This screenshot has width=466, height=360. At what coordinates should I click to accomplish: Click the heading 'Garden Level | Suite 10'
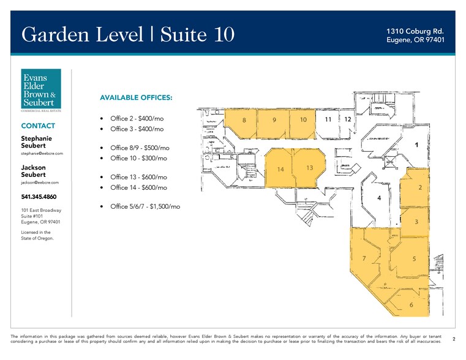127,35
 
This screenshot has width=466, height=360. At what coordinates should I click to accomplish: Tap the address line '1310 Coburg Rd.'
415,31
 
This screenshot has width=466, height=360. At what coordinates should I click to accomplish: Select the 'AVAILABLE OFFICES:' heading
136,98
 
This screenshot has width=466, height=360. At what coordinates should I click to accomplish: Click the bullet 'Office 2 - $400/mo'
137,118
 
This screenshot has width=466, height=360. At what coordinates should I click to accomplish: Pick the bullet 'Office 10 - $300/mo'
138,158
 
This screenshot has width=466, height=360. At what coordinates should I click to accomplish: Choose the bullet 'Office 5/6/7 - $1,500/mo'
145,207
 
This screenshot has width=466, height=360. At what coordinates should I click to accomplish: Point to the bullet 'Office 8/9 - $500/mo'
140,148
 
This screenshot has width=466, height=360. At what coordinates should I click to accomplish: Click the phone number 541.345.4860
42,197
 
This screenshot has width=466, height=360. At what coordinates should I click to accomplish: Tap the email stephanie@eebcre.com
42,153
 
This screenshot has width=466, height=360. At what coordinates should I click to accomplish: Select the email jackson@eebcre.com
40,182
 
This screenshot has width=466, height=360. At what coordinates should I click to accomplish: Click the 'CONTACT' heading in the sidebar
38,126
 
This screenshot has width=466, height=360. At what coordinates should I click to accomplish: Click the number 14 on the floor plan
281,169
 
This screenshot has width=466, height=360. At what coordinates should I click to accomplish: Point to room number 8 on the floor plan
244,120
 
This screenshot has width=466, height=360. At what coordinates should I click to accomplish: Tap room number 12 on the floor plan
347,119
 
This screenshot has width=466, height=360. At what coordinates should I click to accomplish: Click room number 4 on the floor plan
380,198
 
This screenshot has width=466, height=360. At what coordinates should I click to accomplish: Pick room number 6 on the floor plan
411,305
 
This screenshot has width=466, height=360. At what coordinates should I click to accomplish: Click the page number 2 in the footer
453,338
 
